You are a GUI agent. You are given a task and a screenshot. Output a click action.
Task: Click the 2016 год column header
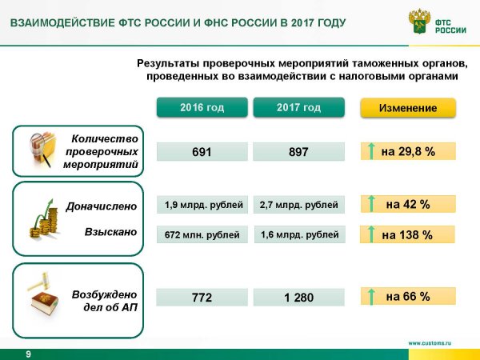click(202, 107)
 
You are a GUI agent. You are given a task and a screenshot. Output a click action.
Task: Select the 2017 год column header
click(298, 107)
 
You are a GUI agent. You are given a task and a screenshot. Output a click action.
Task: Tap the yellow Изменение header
click(408, 108)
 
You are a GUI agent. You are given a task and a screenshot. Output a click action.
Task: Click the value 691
click(202, 151)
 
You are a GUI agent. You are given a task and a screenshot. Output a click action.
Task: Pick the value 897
click(298, 151)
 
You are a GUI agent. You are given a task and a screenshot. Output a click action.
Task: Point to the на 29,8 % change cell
click(408, 151)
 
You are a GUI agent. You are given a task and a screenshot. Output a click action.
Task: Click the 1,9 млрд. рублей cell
click(202, 205)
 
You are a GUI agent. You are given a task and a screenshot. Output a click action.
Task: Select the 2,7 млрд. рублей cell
click(298, 205)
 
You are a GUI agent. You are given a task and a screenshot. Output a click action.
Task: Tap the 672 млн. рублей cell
click(202, 234)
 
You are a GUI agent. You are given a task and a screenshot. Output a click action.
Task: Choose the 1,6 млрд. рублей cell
click(300, 234)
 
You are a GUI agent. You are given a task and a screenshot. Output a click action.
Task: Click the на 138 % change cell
click(407, 234)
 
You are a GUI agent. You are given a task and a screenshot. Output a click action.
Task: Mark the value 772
click(202, 298)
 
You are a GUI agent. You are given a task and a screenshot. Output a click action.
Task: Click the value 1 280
click(298, 298)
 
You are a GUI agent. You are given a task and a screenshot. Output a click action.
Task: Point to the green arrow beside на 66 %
click(371, 296)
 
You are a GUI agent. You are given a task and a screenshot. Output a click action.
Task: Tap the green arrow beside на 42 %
click(371, 203)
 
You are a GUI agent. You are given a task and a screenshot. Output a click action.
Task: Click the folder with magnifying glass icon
click(43, 150)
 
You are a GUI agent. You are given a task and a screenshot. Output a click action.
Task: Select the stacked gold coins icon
click(44, 219)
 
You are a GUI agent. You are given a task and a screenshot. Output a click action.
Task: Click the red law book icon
click(44, 303)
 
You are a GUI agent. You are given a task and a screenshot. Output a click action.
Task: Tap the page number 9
click(29, 354)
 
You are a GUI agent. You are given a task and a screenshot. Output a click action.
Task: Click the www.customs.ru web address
click(430, 343)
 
